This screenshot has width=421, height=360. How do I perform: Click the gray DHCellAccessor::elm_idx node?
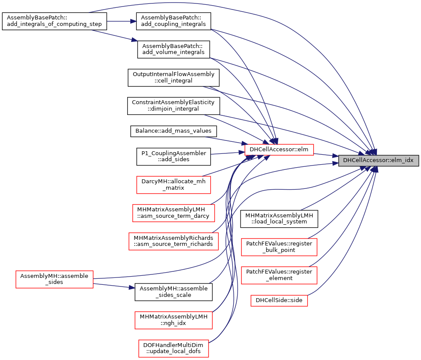click(378, 160)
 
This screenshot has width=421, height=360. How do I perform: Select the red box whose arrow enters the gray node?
click(279, 150)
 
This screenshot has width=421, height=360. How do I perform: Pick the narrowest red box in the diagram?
click(279, 301)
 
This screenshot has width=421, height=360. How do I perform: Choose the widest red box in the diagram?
click(174, 241)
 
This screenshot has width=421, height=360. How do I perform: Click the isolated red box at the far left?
click(55, 279)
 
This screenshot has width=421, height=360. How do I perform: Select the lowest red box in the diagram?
click(174, 348)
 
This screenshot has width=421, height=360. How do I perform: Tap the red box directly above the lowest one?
click(174, 320)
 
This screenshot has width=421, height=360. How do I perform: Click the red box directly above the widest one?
click(174, 213)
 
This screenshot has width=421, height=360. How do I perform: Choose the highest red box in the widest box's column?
click(174, 185)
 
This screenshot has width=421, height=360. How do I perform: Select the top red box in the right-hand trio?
click(279, 247)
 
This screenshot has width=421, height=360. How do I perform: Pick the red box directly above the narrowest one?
click(279, 275)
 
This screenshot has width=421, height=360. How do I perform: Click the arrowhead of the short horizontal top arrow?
click(134, 21)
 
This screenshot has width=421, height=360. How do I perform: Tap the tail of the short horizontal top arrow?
click(108, 21)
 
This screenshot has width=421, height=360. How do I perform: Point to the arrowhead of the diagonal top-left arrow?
click(135, 40)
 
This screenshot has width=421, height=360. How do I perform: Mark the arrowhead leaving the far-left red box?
click(132, 287)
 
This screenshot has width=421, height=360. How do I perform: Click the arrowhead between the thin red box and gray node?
click(335, 156)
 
